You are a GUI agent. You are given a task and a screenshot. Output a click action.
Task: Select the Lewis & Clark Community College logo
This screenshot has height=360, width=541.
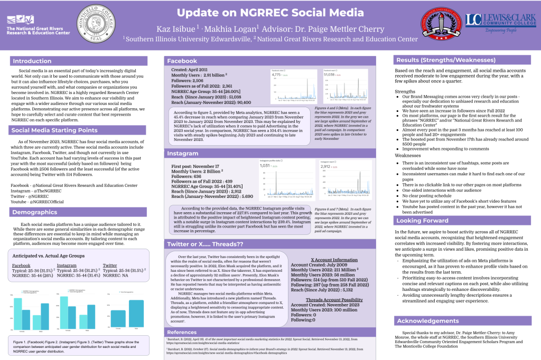point(492,24)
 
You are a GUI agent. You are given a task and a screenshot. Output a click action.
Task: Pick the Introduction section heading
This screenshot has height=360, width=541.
point(32,61)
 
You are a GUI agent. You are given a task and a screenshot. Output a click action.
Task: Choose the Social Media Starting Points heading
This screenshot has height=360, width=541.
point(51,130)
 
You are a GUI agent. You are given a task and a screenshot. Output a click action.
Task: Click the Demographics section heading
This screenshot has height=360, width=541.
point(35,212)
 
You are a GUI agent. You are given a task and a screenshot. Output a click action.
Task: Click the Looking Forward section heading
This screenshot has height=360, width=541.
point(423,221)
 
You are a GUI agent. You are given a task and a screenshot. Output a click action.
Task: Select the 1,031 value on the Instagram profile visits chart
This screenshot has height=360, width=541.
point(266,166)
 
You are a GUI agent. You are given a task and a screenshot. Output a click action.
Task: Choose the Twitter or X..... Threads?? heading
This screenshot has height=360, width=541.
point(204,244)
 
